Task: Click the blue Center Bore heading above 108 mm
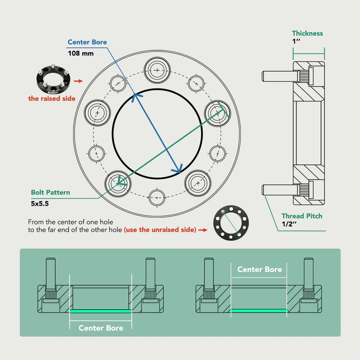[x=87, y=42]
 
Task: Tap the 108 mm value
[x=81, y=53]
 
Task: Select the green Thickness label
[x=307, y=33]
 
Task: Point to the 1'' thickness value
[x=297, y=42]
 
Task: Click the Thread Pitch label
[x=302, y=216]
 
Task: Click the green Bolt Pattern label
[x=50, y=193]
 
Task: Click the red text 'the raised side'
[x=52, y=99]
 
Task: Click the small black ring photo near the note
[x=231, y=225]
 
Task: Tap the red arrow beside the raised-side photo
[x=77, y=81]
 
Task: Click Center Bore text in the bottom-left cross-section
[x=101, y=328]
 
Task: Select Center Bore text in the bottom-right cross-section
[x=260, y=270]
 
